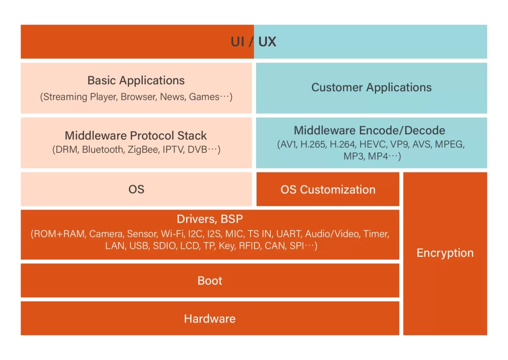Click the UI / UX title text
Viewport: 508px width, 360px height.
tap(254, 42)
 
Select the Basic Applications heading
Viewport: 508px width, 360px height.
tap(136, 80)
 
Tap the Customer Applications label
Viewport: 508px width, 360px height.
tap(371, 88)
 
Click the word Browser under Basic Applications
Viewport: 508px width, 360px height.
tap(138, 97)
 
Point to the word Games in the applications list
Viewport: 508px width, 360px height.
tap(203, 97)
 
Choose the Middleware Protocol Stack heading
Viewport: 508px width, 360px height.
tap(136, 135)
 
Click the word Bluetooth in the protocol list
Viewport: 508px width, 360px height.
tap(102, 149)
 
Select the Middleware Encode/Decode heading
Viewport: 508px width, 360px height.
tap(370, 130)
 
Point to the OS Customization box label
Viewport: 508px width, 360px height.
tap(328, 189)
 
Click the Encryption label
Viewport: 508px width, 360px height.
tap(445, 253)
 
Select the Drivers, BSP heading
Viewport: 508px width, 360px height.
tap(210, 219)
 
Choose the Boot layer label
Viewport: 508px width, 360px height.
tap(210, 281)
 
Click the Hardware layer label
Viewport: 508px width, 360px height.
tap(210, 319)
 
